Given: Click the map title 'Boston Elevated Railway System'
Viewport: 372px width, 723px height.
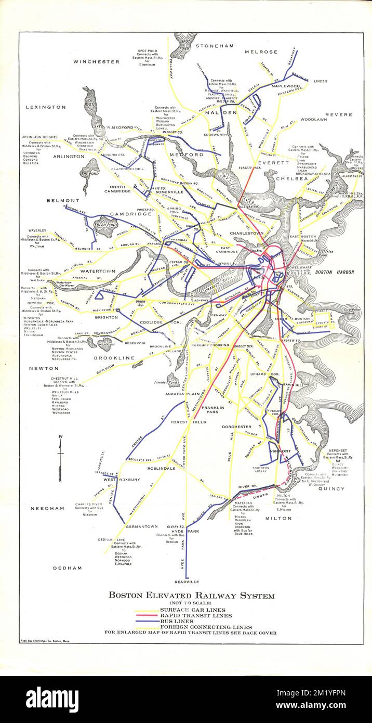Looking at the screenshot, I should coord(191,596).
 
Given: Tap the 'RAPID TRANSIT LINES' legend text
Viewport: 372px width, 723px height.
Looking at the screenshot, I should coord(196,615).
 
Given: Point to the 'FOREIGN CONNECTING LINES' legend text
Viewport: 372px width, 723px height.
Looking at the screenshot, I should coord(206,627).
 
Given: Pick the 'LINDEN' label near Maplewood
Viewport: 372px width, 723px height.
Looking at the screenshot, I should coord(321,81).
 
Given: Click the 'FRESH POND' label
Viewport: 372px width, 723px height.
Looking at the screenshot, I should coord(106,225).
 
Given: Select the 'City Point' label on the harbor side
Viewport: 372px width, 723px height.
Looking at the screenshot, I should coord(352,310).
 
